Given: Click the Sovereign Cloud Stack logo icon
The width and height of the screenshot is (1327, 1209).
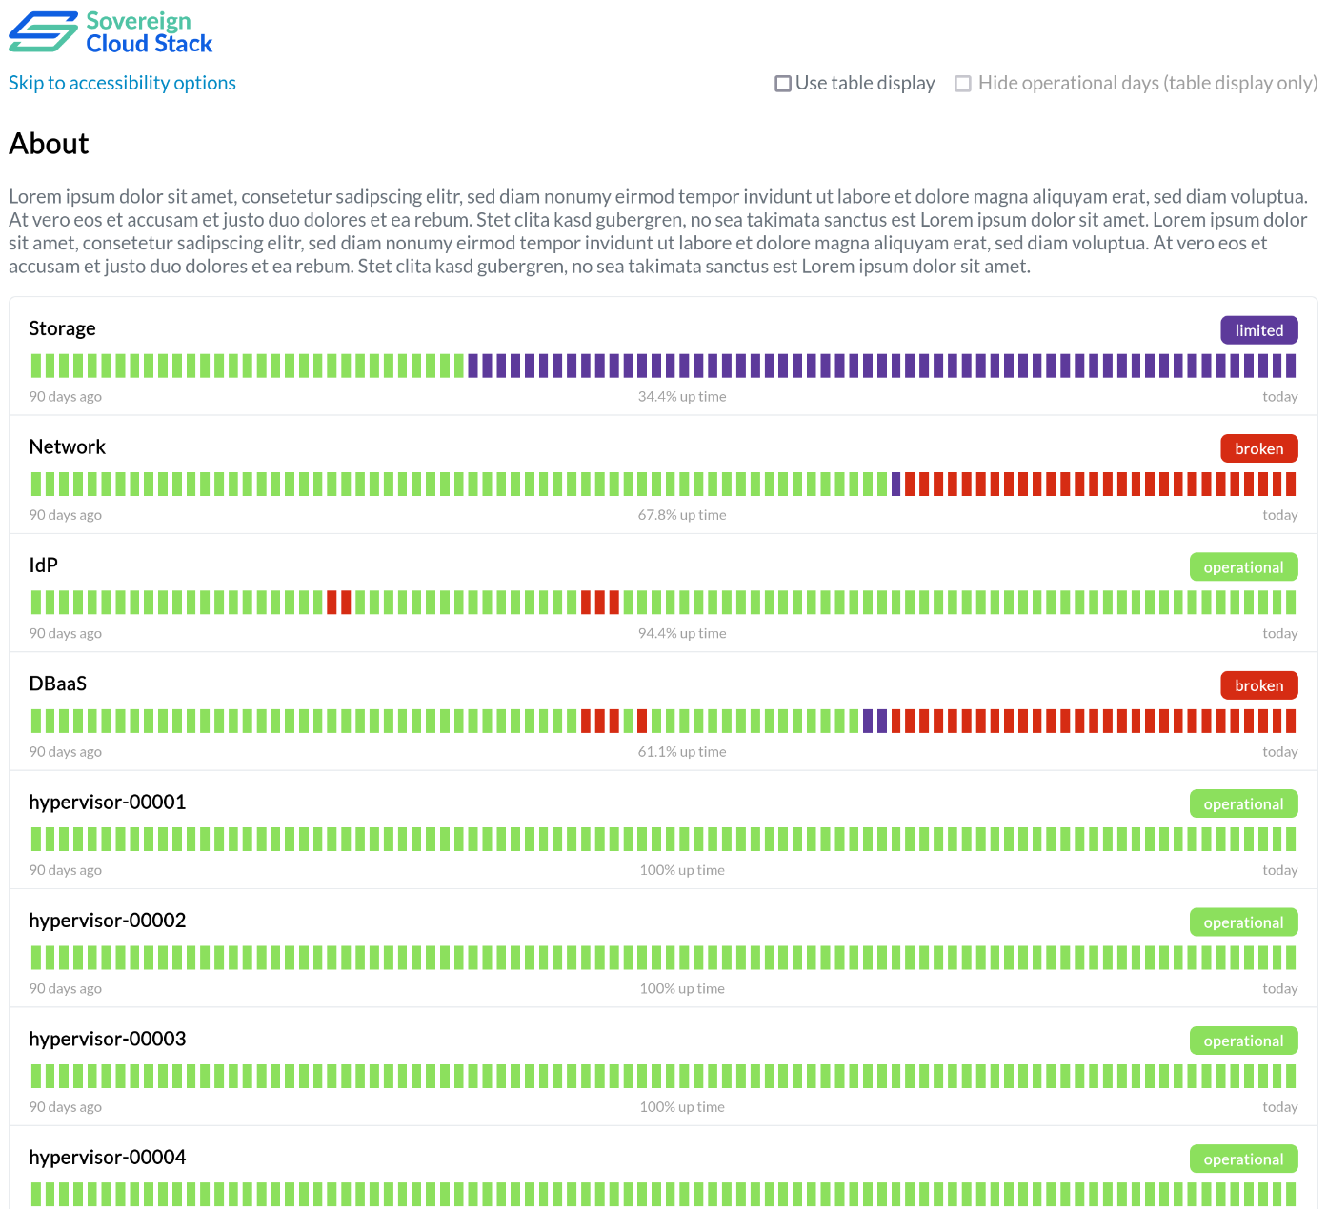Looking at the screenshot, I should [x=43, y=31].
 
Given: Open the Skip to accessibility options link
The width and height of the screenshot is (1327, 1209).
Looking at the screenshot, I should [x=122, y=83].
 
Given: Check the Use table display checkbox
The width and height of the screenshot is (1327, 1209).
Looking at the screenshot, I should [x=783, y=84].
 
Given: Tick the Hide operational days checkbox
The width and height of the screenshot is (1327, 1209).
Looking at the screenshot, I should [x=963, y=84].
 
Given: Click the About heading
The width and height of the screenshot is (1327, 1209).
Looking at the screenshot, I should [x=49, y=144].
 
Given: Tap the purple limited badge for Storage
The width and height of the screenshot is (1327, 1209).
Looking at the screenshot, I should [x=1258, y=330].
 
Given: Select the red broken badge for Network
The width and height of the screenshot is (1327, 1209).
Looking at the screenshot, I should [x=1258, y=448].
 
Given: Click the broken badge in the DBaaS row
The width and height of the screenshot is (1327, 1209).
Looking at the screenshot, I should [x=1258, y=685].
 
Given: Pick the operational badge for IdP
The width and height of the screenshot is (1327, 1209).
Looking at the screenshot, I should [x=1243, y=567].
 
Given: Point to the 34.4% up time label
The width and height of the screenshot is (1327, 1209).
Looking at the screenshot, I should [x=682, y=397].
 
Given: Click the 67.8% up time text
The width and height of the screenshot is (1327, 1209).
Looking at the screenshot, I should [x=682, y=515].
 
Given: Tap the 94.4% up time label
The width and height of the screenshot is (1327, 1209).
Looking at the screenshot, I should [x=682, y=633].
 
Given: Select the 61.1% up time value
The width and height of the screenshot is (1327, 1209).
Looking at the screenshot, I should [x=682, y=752].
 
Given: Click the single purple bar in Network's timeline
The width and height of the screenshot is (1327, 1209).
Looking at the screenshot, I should [x=895, y=484].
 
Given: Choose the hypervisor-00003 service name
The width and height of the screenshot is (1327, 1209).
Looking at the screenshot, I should [x=108, y=1039].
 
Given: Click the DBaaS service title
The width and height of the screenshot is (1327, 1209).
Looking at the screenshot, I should [x=58, y=684].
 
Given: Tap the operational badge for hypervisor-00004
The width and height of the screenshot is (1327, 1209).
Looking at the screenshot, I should [x=1243, y=1159].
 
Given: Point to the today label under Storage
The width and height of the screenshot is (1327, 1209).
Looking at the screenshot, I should [x=1279, y=397].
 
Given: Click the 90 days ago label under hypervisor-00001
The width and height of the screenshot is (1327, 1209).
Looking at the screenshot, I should [x=65, y=870].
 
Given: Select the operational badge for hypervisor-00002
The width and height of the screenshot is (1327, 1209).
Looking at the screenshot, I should [x=1243, y=922].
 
